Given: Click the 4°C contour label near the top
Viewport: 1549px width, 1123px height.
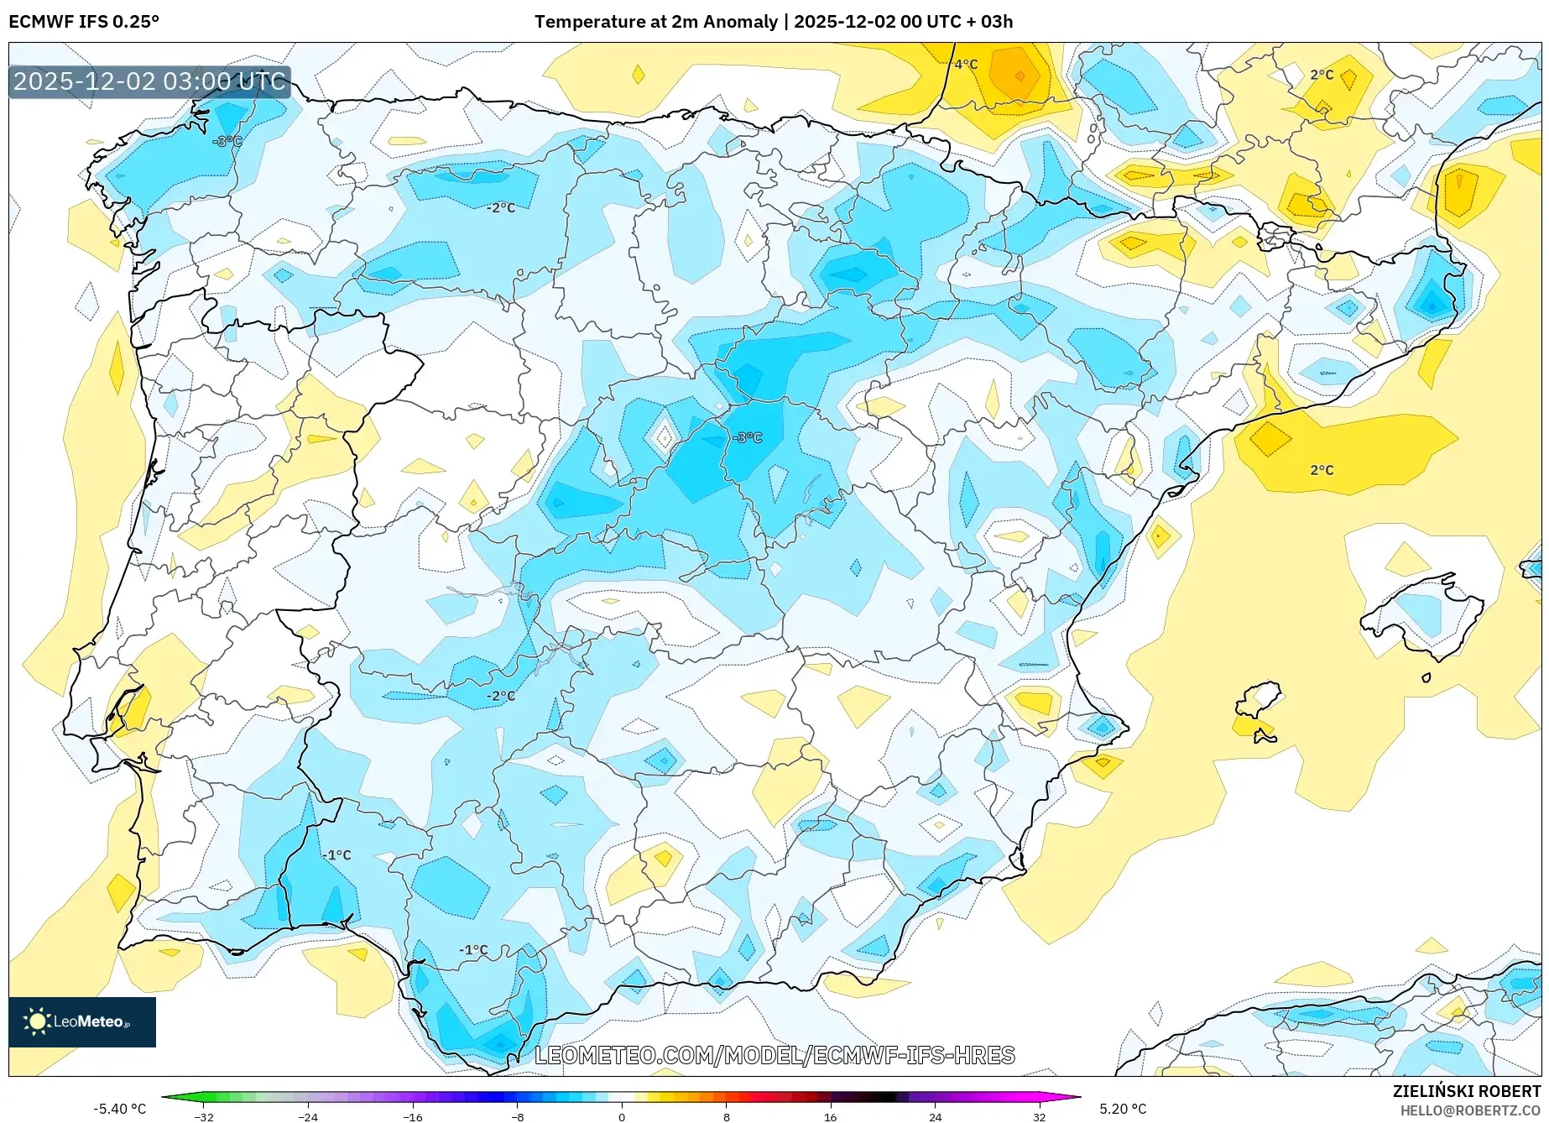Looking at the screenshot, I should coord(966,65).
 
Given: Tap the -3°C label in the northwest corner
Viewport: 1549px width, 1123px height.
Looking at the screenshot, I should coord(227,141).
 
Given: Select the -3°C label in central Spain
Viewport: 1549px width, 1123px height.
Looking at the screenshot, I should coord(747,437).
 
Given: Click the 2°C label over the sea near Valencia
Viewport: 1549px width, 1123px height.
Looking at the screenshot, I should coord(1322,470).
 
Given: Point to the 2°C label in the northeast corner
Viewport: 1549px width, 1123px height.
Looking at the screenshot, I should coord(1322,75).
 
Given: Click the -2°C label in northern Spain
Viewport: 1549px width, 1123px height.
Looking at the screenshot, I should coord(501,207).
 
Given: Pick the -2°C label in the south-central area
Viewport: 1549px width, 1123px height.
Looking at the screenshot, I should coord(501,696).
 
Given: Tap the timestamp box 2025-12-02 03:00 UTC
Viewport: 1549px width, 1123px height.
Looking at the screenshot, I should coord(150,81).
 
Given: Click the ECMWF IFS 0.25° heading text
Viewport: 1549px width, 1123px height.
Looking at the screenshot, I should coord(84,22).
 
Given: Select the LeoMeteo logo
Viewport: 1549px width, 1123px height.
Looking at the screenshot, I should coord(82,1021).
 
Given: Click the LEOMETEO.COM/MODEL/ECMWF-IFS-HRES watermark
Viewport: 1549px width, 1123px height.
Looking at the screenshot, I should coord(774,1055).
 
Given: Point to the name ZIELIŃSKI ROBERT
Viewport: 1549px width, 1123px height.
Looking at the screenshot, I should coord(1467,1091).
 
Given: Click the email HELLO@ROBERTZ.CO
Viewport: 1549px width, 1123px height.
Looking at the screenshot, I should coord(1470,1110).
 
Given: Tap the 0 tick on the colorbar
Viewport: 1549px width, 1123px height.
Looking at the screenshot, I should coord(622,1116).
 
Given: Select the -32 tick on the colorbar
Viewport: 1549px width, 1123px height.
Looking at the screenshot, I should coord(204,1116).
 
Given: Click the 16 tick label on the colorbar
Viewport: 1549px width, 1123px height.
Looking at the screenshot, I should coord(830,1116).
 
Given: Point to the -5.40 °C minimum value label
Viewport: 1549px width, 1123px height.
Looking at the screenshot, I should coord(119,1109).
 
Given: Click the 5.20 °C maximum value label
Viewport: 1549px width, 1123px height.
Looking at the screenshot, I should coord(1123,1109).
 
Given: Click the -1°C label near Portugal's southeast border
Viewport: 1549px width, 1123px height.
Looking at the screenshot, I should coord(337,854).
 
